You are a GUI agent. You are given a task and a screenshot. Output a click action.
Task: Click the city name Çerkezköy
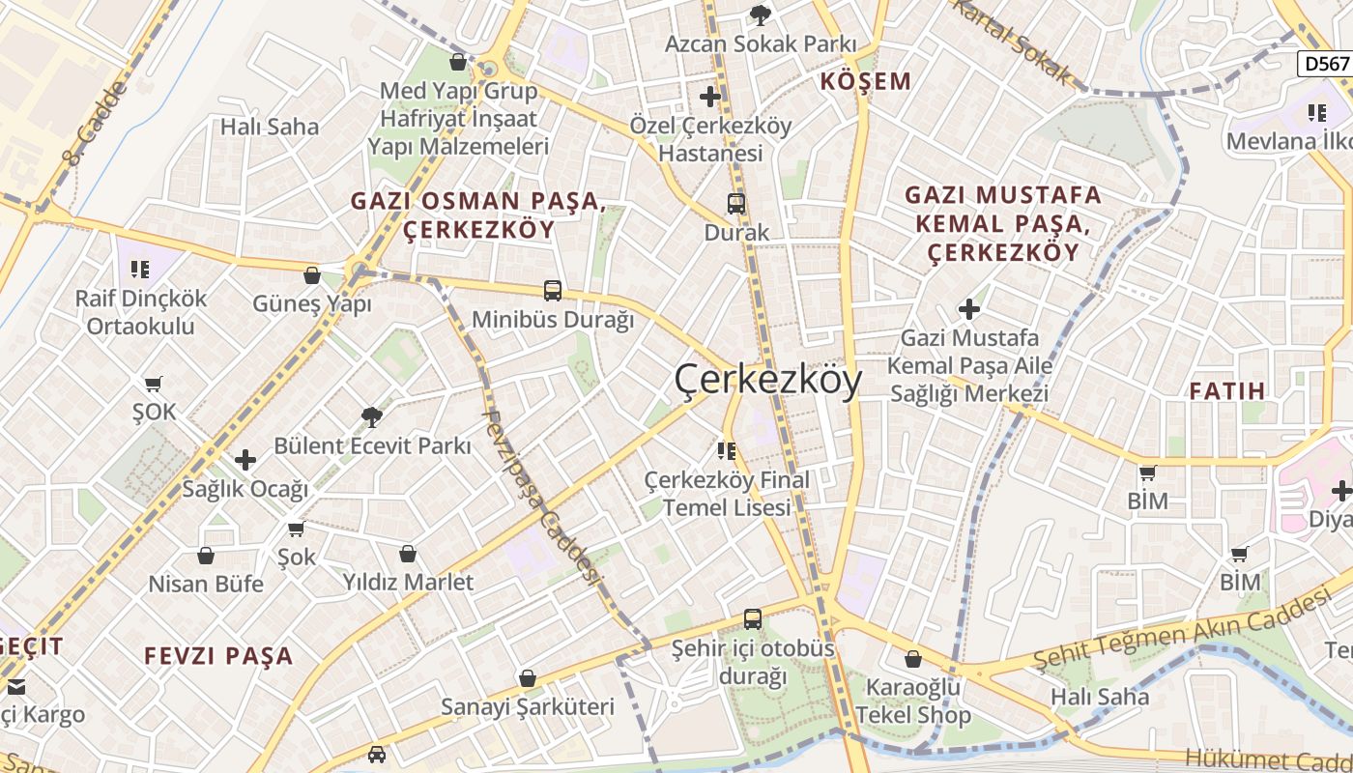click(x=767, y=381)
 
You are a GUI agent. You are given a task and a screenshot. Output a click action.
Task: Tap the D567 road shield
click(x=1324, y=64)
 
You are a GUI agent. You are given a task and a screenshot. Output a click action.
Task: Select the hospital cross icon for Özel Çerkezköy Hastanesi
click(x=710, y=96)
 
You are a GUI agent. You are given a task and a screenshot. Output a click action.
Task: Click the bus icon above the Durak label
click(x=736, y=204)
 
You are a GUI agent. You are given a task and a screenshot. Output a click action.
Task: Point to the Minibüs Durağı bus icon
click(x=553, y=290)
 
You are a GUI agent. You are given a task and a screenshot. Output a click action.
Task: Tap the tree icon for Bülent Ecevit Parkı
click(x=371, y=417)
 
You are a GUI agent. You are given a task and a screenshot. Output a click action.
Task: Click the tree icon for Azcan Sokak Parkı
click(x=761, y=14)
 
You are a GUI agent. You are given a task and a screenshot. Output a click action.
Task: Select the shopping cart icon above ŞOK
click(x=154, y=384)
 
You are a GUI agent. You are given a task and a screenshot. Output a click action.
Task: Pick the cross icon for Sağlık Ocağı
click(x=245, y=460)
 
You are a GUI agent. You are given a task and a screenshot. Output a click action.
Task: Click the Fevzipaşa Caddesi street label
click(x=538, y=498)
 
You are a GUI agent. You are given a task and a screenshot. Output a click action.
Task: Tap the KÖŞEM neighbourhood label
click(x=866, y=81)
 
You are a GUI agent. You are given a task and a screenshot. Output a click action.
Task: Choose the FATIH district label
click(x=1227, y=391)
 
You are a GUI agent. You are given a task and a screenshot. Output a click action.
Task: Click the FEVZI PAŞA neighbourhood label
click(x=218, y=656)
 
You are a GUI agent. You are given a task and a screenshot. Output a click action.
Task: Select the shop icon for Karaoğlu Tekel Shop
click(x=913, y=660)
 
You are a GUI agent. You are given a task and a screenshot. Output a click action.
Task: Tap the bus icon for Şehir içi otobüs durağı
click(x=753, y=619)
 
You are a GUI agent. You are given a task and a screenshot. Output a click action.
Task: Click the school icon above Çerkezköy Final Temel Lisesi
click(x=727, y=450)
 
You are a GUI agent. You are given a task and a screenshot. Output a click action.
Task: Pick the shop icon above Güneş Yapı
click(x=312, y=275)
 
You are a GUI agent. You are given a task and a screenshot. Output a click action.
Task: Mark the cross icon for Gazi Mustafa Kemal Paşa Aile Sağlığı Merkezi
click(x=969, y=309)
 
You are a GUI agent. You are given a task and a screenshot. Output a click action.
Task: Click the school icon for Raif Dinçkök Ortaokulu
click(x=141, y=269)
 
